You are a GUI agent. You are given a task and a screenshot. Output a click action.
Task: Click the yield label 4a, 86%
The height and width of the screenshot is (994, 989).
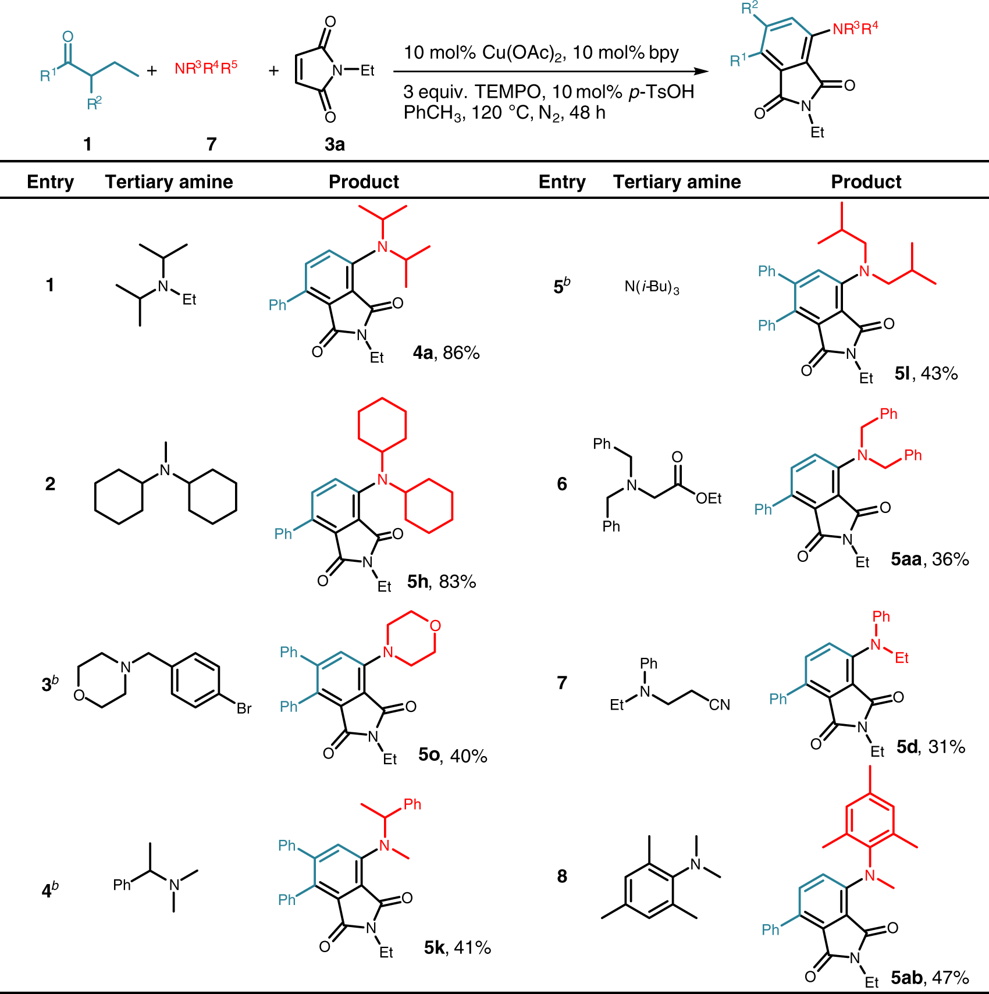click(446, 353)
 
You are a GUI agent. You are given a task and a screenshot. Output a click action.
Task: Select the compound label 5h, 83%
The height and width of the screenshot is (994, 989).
click(442, 582)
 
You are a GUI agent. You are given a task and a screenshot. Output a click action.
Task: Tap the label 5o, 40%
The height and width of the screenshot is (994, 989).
click(453, 756)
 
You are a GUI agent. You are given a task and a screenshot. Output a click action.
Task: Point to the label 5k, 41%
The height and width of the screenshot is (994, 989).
click(457, 948)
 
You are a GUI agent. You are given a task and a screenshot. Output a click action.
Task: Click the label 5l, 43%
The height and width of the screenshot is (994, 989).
click(926, 373)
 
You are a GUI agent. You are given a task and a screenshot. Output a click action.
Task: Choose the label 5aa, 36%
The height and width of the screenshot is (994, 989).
click(930, 560)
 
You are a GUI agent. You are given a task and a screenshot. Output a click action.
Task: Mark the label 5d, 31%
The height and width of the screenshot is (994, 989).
click(931, 747)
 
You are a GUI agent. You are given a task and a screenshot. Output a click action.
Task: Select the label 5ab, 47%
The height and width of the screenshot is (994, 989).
click(930, 978)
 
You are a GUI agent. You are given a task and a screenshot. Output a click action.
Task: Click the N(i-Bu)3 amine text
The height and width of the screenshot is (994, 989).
click(652, 287)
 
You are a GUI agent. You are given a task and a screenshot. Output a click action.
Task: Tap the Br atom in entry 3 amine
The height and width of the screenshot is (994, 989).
click(244, 708)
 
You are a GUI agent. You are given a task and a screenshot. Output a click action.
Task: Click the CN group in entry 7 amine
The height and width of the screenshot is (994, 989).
click(720, 705)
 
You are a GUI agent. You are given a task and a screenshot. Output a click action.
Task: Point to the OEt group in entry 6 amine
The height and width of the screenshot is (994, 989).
click(709, 498)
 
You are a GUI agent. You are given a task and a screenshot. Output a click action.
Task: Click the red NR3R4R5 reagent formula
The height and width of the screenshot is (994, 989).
click(206, 68)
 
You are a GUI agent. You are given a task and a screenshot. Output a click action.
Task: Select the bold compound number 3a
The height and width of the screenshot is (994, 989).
click(335, 144)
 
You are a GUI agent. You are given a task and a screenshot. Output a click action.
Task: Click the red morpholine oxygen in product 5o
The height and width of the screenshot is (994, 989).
click(435, 626)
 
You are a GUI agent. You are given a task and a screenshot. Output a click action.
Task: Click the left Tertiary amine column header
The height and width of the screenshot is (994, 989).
click(169, 182)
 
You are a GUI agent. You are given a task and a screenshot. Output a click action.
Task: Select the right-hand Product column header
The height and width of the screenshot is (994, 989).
click(866, 182)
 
